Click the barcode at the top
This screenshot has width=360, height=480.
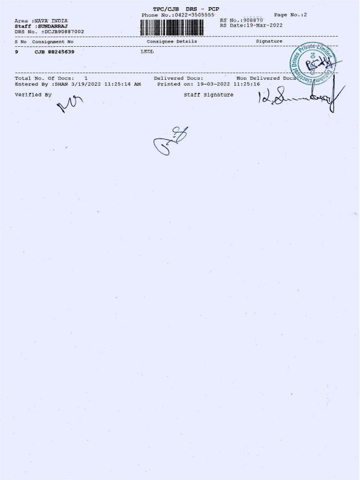point(176,26)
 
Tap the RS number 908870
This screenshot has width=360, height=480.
point(251,20)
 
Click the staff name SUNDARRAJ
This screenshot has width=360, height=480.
point(53,26)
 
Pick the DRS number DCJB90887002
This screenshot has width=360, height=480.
point(64,31)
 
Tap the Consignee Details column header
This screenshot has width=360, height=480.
point(172,41)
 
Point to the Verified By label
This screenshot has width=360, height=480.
point(34,95)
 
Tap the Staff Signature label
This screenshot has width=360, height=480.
point(209,95)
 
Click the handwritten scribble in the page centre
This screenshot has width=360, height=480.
point(170,140)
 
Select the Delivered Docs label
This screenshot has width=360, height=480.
point(178,79)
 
